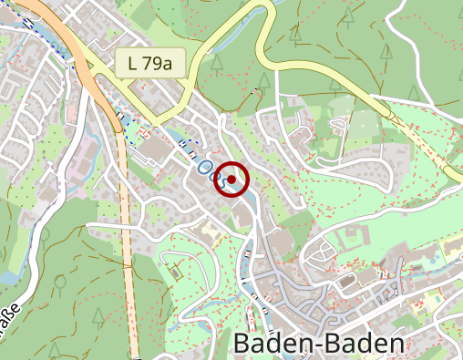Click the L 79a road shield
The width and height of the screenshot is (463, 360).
tap(151, 64)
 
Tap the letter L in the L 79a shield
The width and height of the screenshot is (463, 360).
tap(134, 64)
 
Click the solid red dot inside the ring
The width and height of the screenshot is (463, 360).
tap(231, 180)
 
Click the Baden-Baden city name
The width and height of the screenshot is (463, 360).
tap(318, 345)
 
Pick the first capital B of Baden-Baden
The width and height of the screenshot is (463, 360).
tap(243, 345)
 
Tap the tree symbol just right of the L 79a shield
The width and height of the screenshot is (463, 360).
tap(217, 64)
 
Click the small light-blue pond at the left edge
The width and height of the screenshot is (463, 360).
tap(7, 276)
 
